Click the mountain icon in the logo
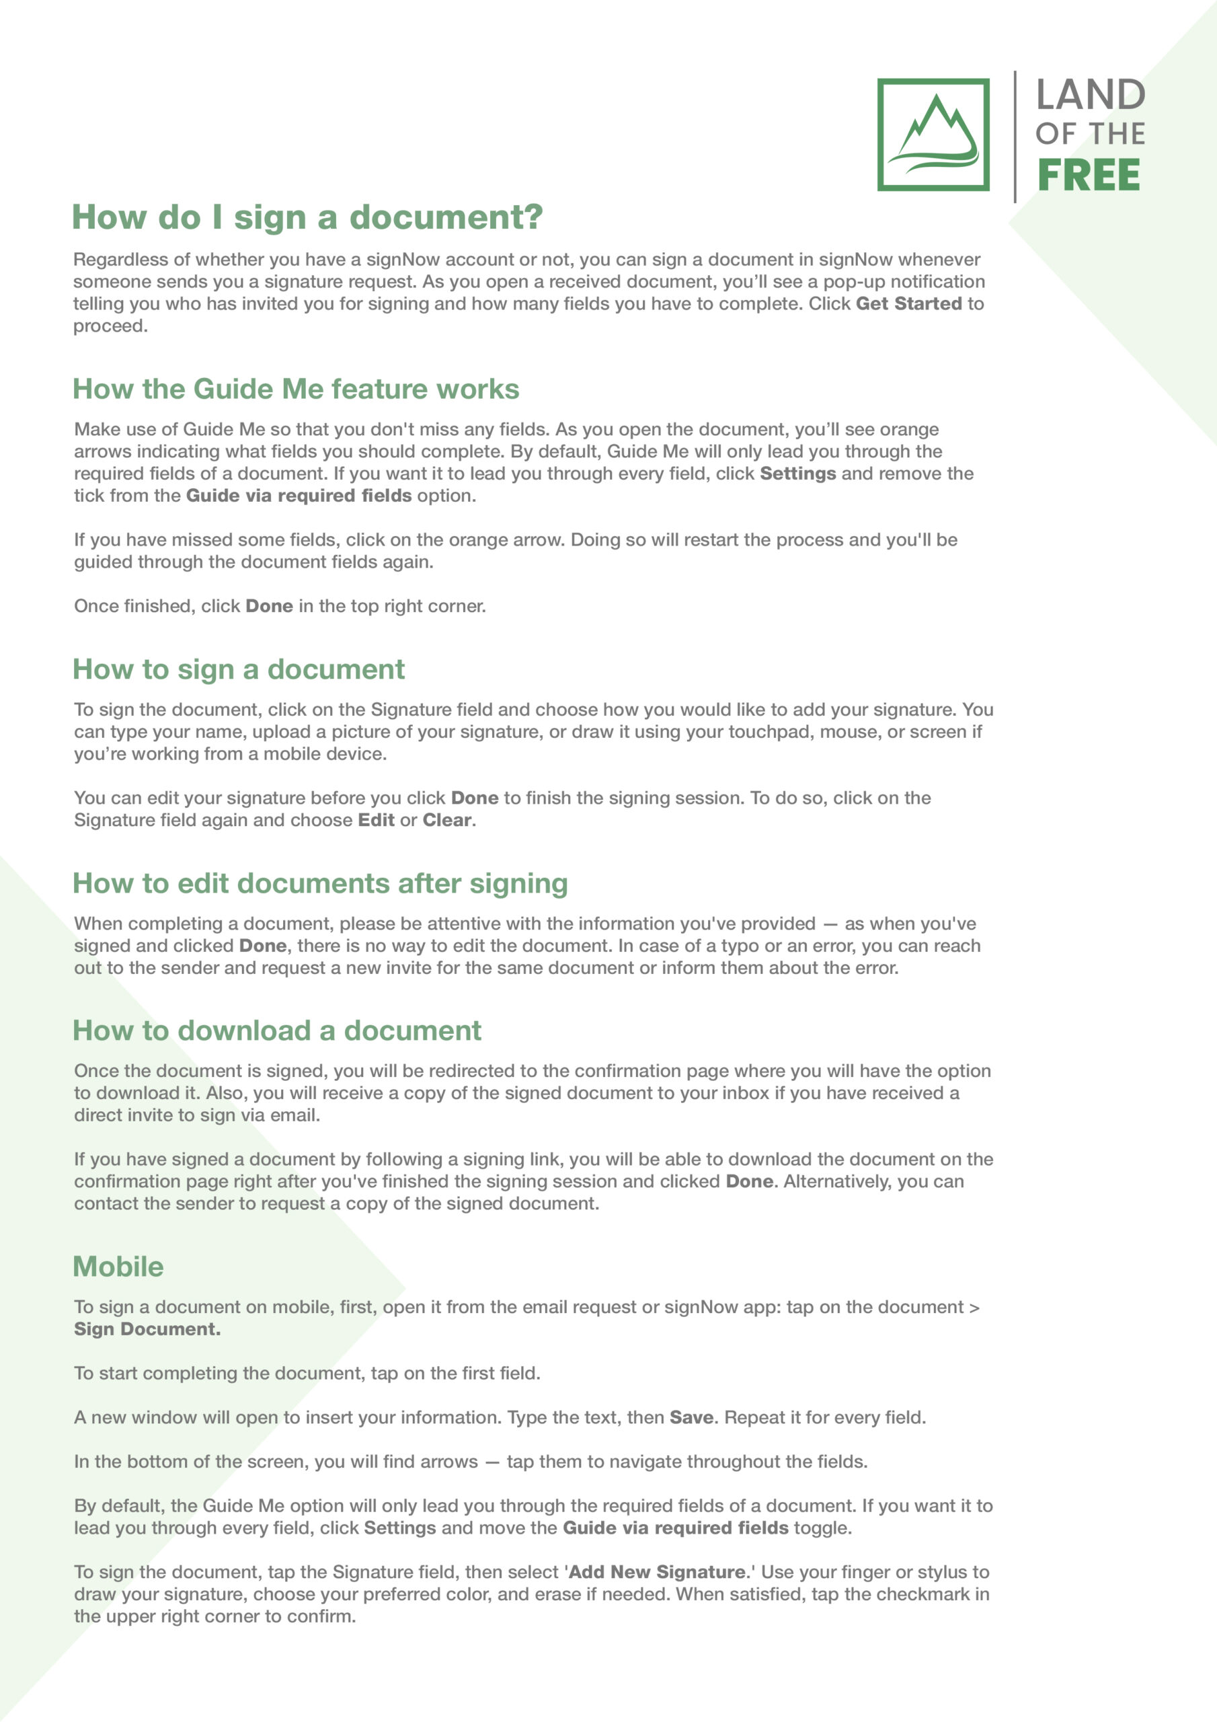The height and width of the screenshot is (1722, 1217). tap(933, 135)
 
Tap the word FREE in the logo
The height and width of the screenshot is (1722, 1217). tap(1088, 176)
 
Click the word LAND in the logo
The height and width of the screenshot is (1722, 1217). tap(1091, 96)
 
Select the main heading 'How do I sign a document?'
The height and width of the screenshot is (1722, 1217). tap(307, 217)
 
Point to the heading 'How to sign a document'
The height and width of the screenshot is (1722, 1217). tap(239, 669)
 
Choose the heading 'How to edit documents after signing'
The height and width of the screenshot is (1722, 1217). tap(320, 883)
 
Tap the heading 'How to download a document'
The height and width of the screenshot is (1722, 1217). tap(277, 1031)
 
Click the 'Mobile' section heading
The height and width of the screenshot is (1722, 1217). tap(118, 1267)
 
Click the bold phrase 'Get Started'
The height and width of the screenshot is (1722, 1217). tap(909, 304)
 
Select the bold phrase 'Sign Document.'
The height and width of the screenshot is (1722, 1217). tap(147, 1329)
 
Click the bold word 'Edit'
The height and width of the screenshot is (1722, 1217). tap(377, 820)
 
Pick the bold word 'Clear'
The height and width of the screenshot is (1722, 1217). tap(448, 820)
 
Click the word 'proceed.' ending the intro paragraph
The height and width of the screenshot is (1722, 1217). tap(110, 326)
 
